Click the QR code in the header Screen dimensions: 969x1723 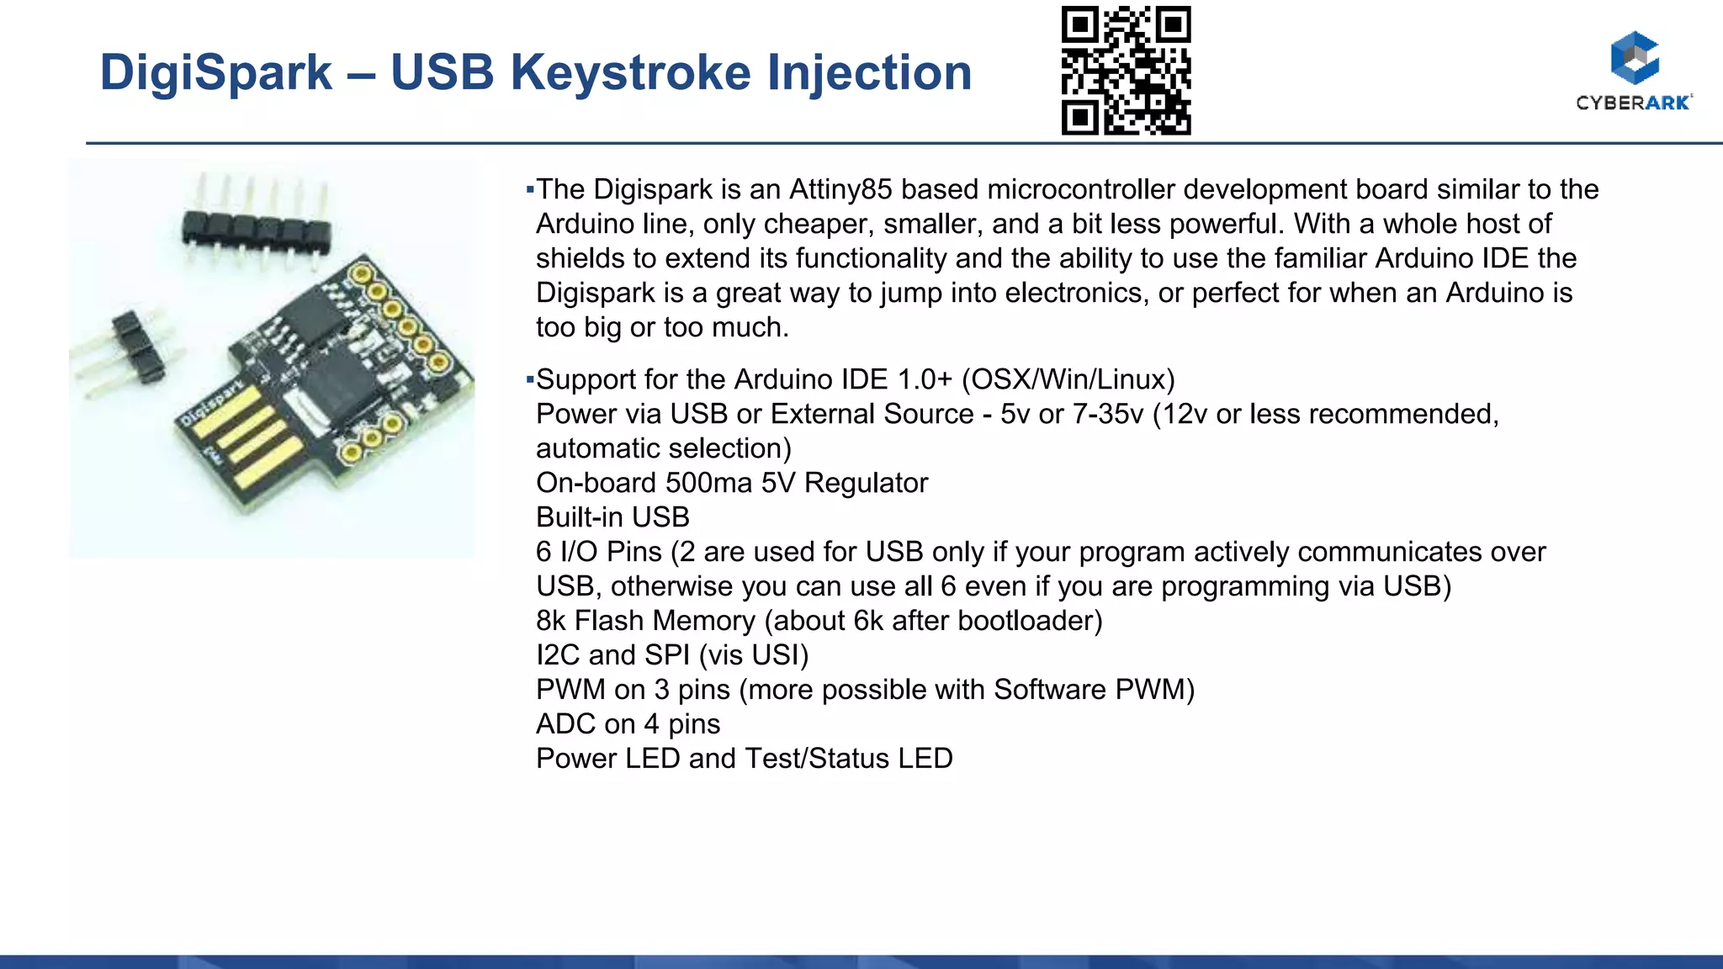(1126, 71)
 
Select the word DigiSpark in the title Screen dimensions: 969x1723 (215, 72)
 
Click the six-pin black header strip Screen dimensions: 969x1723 (257, 229)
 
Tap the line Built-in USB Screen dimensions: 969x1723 (612, 517)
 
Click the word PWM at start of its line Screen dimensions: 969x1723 (570, 690)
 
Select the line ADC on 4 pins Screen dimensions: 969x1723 (628, 724)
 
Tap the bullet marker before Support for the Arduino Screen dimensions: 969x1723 (530, 379)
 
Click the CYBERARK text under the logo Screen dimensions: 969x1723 (1633, 103)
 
